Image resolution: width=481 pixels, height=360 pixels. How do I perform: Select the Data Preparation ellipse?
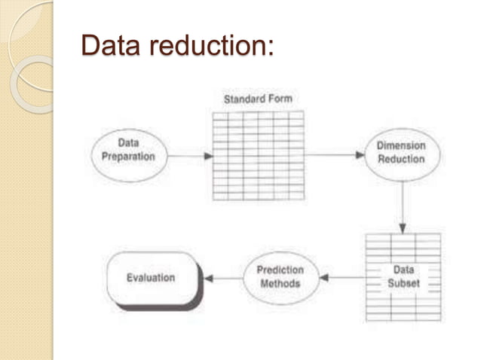click(x=127, y=150)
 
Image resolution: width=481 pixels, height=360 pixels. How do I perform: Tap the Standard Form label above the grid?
click(x=258, y=99)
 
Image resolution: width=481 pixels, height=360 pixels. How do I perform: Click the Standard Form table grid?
click(x=258, y=155)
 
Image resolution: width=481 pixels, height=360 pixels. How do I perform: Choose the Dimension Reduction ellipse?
click(x=401, y=152)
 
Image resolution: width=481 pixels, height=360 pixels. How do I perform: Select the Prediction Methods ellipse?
click(x=280, y=277)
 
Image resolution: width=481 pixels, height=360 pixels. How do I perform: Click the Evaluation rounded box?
click(x=152, y=278)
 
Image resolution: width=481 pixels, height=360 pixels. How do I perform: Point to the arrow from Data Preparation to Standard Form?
click(x=188, y=156)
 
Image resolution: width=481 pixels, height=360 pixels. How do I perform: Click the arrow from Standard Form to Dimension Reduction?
click(x=335, y=155)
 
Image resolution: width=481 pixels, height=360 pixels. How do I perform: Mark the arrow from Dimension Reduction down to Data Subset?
click(x=402, y=206)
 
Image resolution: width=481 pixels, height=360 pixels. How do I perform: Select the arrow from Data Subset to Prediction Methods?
click(x=342, y=277)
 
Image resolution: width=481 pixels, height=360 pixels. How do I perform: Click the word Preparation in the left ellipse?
click(x=127, y=157)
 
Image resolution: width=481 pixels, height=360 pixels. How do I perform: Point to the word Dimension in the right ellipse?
click(x=401, y=145)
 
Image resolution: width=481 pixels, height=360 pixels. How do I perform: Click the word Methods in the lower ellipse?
click(x=280, y=284)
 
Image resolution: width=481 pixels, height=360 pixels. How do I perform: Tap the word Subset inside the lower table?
click(x=403, y=284)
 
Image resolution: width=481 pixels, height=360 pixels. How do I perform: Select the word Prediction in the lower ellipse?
click(x=280, y=270)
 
